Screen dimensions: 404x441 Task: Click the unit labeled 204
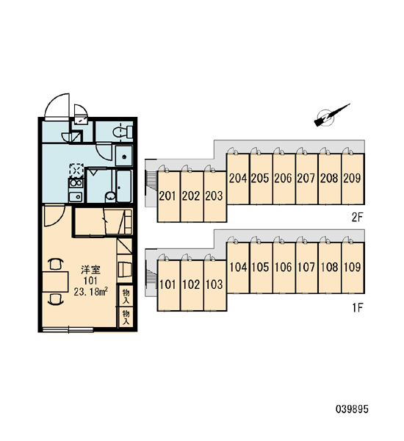(x=238, y=179)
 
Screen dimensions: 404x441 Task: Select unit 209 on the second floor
(x=353, y=179)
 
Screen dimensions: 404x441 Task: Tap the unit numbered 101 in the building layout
(x=168, y=285)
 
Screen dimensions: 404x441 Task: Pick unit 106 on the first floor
(x=284, y=268)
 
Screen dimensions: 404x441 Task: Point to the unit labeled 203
(x=214, y=196)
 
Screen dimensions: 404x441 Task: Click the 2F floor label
(x=358, y=217)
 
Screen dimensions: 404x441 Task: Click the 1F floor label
(x=358, y=308)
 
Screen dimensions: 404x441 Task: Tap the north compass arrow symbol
(x=331, y=115)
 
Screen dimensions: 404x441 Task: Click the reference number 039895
(x=352, y=409)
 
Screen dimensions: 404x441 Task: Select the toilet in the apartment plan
(x=123, y=132)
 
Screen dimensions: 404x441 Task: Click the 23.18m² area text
(x=91, y=292)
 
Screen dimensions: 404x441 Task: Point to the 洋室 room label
(x=90, y=270)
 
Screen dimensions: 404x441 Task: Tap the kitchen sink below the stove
(x=76, y=196)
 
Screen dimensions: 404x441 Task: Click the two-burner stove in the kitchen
(x=76, y=183)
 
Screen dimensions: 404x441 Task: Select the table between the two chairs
(x=55, y=282)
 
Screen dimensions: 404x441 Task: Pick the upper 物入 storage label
(x=126, y=296)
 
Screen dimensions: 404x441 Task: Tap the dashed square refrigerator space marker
(x=76, y=171)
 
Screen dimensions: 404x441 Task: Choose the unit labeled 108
(x=330, y=268)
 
